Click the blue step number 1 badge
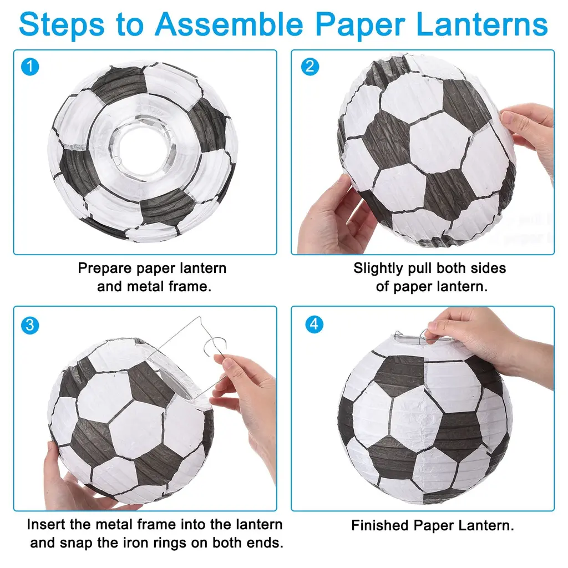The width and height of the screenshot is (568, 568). click(x=30, y=67)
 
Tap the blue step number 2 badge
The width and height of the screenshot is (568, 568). click(x=310, y=67)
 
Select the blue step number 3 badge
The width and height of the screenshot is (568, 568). click(x=30, y=325)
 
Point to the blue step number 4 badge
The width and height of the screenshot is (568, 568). click(x=314, y=324)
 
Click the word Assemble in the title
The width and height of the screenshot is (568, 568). click(x=229, y=24)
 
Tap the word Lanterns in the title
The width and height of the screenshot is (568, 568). click(x=482, y=24)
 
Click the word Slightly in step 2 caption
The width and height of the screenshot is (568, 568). click(x=378, y=268)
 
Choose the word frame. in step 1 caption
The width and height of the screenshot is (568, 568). click(x=190, y=287)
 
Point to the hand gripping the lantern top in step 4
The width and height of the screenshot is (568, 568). click(x=489, y=344)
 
